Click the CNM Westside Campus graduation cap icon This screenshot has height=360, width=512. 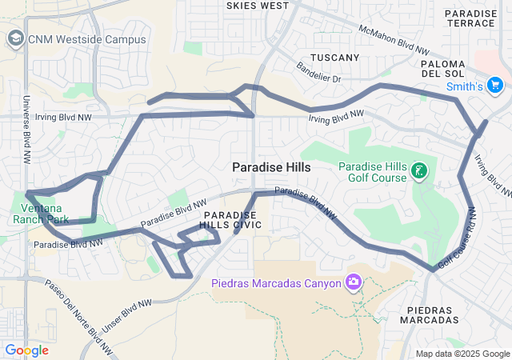(x=15, y=38)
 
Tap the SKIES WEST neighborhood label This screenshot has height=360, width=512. (x=258, y=6)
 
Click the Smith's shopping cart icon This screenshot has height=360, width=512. (x=494, y=85)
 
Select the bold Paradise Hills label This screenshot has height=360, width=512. (x=271, y=167)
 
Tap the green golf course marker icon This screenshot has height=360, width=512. (x=418, y=170)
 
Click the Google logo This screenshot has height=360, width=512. (x=26, y=350)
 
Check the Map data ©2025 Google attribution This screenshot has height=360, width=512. (x=462, y=354)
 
